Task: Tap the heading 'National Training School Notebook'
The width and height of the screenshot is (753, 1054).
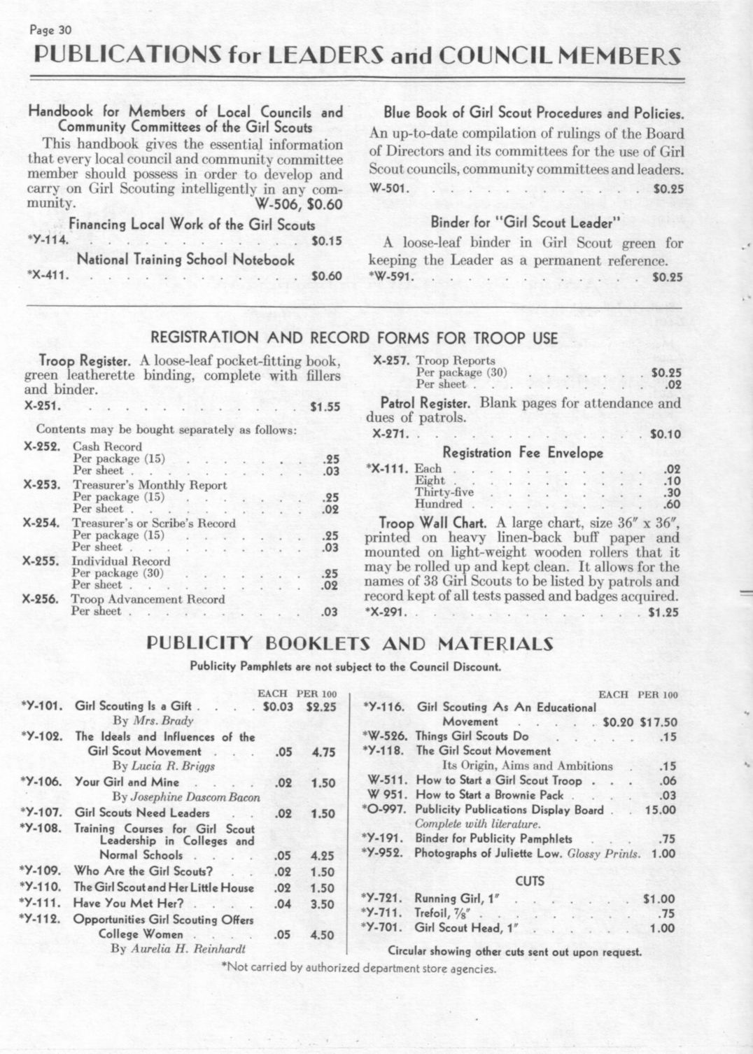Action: point(185,259)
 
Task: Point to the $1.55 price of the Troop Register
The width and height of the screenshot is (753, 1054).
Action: point(326,405)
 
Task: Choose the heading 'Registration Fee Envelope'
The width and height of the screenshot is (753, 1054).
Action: point(523,453)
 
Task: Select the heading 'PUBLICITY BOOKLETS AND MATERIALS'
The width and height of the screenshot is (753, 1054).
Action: point(349,644)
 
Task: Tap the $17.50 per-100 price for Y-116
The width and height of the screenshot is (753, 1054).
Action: point(659,722)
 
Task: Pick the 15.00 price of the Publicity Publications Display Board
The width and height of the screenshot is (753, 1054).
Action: point(660,810)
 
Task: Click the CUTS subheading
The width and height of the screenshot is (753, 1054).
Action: point(529,880)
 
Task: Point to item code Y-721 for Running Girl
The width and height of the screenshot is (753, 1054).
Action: point(381,898)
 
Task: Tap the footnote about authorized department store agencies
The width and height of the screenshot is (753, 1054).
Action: point(358,969)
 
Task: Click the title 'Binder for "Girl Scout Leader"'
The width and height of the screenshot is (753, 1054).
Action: point(526,223)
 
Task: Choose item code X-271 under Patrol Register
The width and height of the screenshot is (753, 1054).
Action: point(388,434)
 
